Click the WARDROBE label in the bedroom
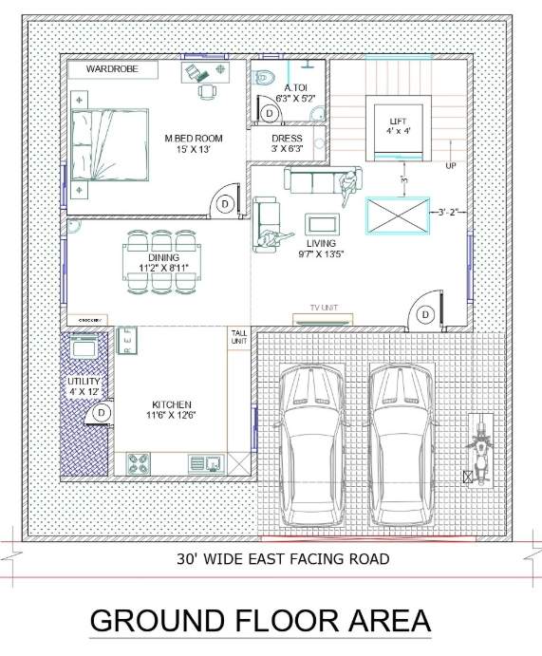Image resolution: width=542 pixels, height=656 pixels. click(x=113, y=69)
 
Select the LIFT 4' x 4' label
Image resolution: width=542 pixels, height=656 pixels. click(x=398, y=125)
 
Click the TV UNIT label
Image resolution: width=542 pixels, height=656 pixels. click(x=324, y=309)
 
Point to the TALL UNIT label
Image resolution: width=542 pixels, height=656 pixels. click(x=238, y=337)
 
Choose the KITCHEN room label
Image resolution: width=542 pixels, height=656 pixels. click(x=171, y=409)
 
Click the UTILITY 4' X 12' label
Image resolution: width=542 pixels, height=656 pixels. click(x=83, y=385)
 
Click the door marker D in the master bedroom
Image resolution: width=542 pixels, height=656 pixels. click(x=225, y=203)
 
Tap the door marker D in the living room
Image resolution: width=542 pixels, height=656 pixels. click(x=426, y=314)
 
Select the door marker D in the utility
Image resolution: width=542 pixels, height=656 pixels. click(x=103, y=413)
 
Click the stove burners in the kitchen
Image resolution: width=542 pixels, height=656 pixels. click(x=138, y=463)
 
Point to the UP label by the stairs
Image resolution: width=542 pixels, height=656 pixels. click(x=451, y=166)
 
